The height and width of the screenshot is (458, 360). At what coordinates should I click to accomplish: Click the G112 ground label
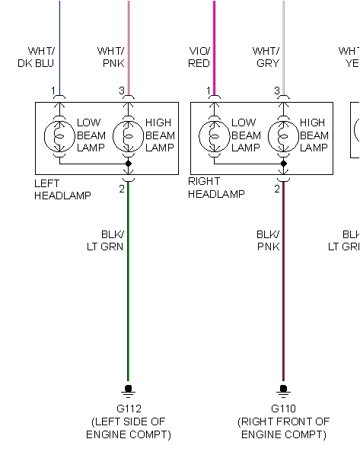point(128,409)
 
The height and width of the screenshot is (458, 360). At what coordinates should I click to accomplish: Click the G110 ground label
point(283,409)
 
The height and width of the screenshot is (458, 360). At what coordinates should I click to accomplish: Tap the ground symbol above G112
point(128,390)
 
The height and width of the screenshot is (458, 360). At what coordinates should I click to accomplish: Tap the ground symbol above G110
point(283,390)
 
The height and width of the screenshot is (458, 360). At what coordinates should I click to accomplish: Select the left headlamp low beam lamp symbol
point(59,135)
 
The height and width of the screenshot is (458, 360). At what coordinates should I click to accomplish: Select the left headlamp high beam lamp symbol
point(128,135)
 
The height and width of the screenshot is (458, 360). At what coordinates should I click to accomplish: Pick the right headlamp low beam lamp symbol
point(214,135)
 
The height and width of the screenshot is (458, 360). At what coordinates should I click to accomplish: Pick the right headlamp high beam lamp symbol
point(283,135)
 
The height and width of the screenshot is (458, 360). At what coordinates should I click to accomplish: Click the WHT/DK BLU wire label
point(36,57)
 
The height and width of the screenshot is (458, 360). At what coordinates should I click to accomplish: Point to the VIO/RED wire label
point(199,57)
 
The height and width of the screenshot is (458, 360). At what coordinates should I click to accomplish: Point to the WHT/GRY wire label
point(266,57)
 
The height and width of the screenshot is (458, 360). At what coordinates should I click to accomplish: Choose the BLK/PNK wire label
point(267,240)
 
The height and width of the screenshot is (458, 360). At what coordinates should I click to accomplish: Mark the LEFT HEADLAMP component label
point(62,189)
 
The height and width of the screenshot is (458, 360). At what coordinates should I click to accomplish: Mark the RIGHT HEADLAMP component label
point(216,188)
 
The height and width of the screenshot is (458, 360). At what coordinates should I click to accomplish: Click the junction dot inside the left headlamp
point(128,164)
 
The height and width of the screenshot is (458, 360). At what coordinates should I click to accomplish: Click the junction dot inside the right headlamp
point(283,164)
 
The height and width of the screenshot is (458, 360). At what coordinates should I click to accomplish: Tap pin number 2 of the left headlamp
point(121,188)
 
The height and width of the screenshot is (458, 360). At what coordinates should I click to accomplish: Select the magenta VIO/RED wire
point(214,38)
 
